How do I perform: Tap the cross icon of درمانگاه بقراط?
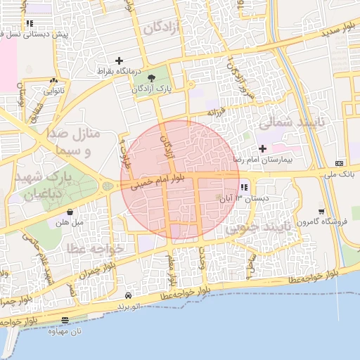(119, 61)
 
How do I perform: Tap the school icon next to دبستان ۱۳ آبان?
(243, 188)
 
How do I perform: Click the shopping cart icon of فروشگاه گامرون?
(321, 212)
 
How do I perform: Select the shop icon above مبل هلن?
(70, 212)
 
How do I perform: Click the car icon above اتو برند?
(128, 296)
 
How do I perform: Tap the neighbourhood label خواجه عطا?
(96, 248)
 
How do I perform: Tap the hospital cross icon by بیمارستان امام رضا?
(263, 148)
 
